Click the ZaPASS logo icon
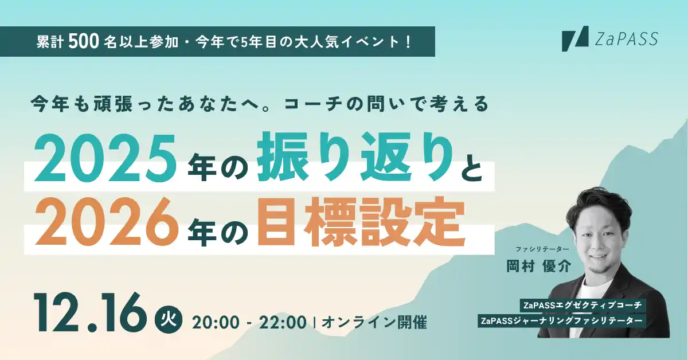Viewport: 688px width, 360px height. [x=575, y=38]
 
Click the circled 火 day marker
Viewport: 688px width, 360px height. [x=169, y=318]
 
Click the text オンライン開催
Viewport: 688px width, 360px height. [x=374, y=323]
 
